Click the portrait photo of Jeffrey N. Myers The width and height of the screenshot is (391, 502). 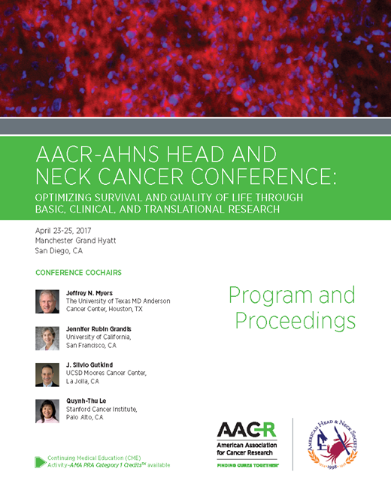[47, 301]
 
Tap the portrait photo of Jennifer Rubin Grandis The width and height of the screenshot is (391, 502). [47, 338]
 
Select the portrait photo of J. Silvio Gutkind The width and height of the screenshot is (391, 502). [47, 374]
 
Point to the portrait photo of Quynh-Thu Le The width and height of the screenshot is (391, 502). [47, 410]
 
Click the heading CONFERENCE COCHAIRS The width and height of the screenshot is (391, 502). [78, 272]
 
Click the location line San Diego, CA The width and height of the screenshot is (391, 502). [59, 251]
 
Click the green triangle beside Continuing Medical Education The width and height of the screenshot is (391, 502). [41, 461]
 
